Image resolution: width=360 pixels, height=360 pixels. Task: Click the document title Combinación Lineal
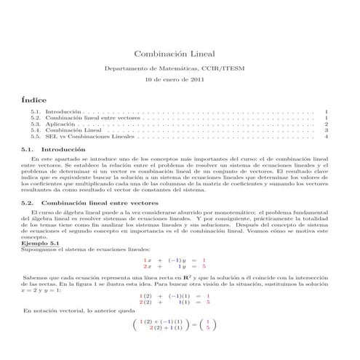coord(180,54)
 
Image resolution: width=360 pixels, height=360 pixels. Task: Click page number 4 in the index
coord(327,136)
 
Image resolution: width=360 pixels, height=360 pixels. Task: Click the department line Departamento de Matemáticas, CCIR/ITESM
coord(180,67)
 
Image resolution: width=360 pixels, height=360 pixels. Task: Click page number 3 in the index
coord(327,130)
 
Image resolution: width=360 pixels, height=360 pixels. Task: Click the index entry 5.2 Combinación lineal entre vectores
coord(95,118)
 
